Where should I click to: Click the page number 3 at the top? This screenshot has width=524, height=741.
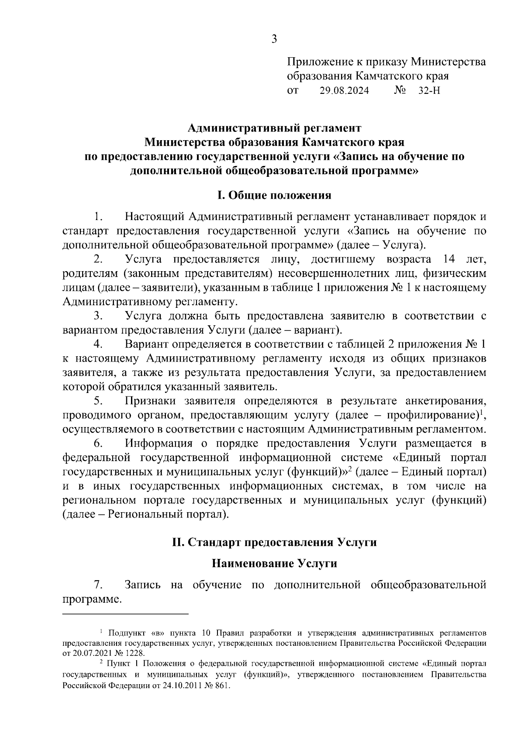274,40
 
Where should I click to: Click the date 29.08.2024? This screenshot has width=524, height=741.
344,91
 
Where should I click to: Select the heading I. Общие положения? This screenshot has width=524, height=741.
274,195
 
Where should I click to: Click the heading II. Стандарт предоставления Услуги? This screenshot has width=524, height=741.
274,542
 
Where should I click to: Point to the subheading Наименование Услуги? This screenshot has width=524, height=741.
274,564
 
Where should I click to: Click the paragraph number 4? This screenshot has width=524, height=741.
98,344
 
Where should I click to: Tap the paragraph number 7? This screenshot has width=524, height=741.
98,584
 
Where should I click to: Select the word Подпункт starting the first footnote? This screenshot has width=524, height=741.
127,633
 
